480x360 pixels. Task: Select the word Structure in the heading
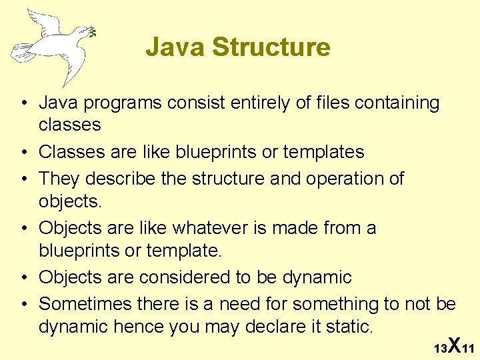[x=270, y=47]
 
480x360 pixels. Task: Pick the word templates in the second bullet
[x=323, y=152]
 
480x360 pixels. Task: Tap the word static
[x=347, y=327]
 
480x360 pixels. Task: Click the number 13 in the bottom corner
[x=440, y=349]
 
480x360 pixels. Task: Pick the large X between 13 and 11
[x=453, y=345]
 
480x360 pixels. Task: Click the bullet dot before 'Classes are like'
[x=23, y=153]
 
